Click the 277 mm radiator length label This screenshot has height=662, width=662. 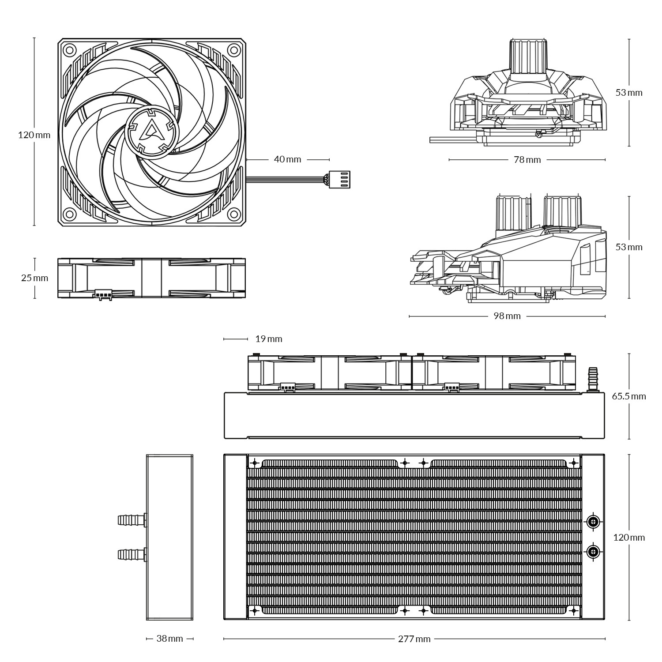point(414,639)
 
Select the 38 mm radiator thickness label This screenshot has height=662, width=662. point(169,639)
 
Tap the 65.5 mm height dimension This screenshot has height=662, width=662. point(628,396)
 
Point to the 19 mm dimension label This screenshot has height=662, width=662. point(268,339)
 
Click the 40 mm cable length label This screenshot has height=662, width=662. point(287,159)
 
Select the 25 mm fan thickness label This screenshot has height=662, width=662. point(34,278)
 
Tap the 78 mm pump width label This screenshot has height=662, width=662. point(527,160)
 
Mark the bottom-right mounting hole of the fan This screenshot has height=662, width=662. point(233,215)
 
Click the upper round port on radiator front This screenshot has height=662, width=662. point(594,522)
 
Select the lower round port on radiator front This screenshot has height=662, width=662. point(594,551)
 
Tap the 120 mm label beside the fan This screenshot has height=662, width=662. point(34,135)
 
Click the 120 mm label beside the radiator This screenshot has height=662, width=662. point(629,538)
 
